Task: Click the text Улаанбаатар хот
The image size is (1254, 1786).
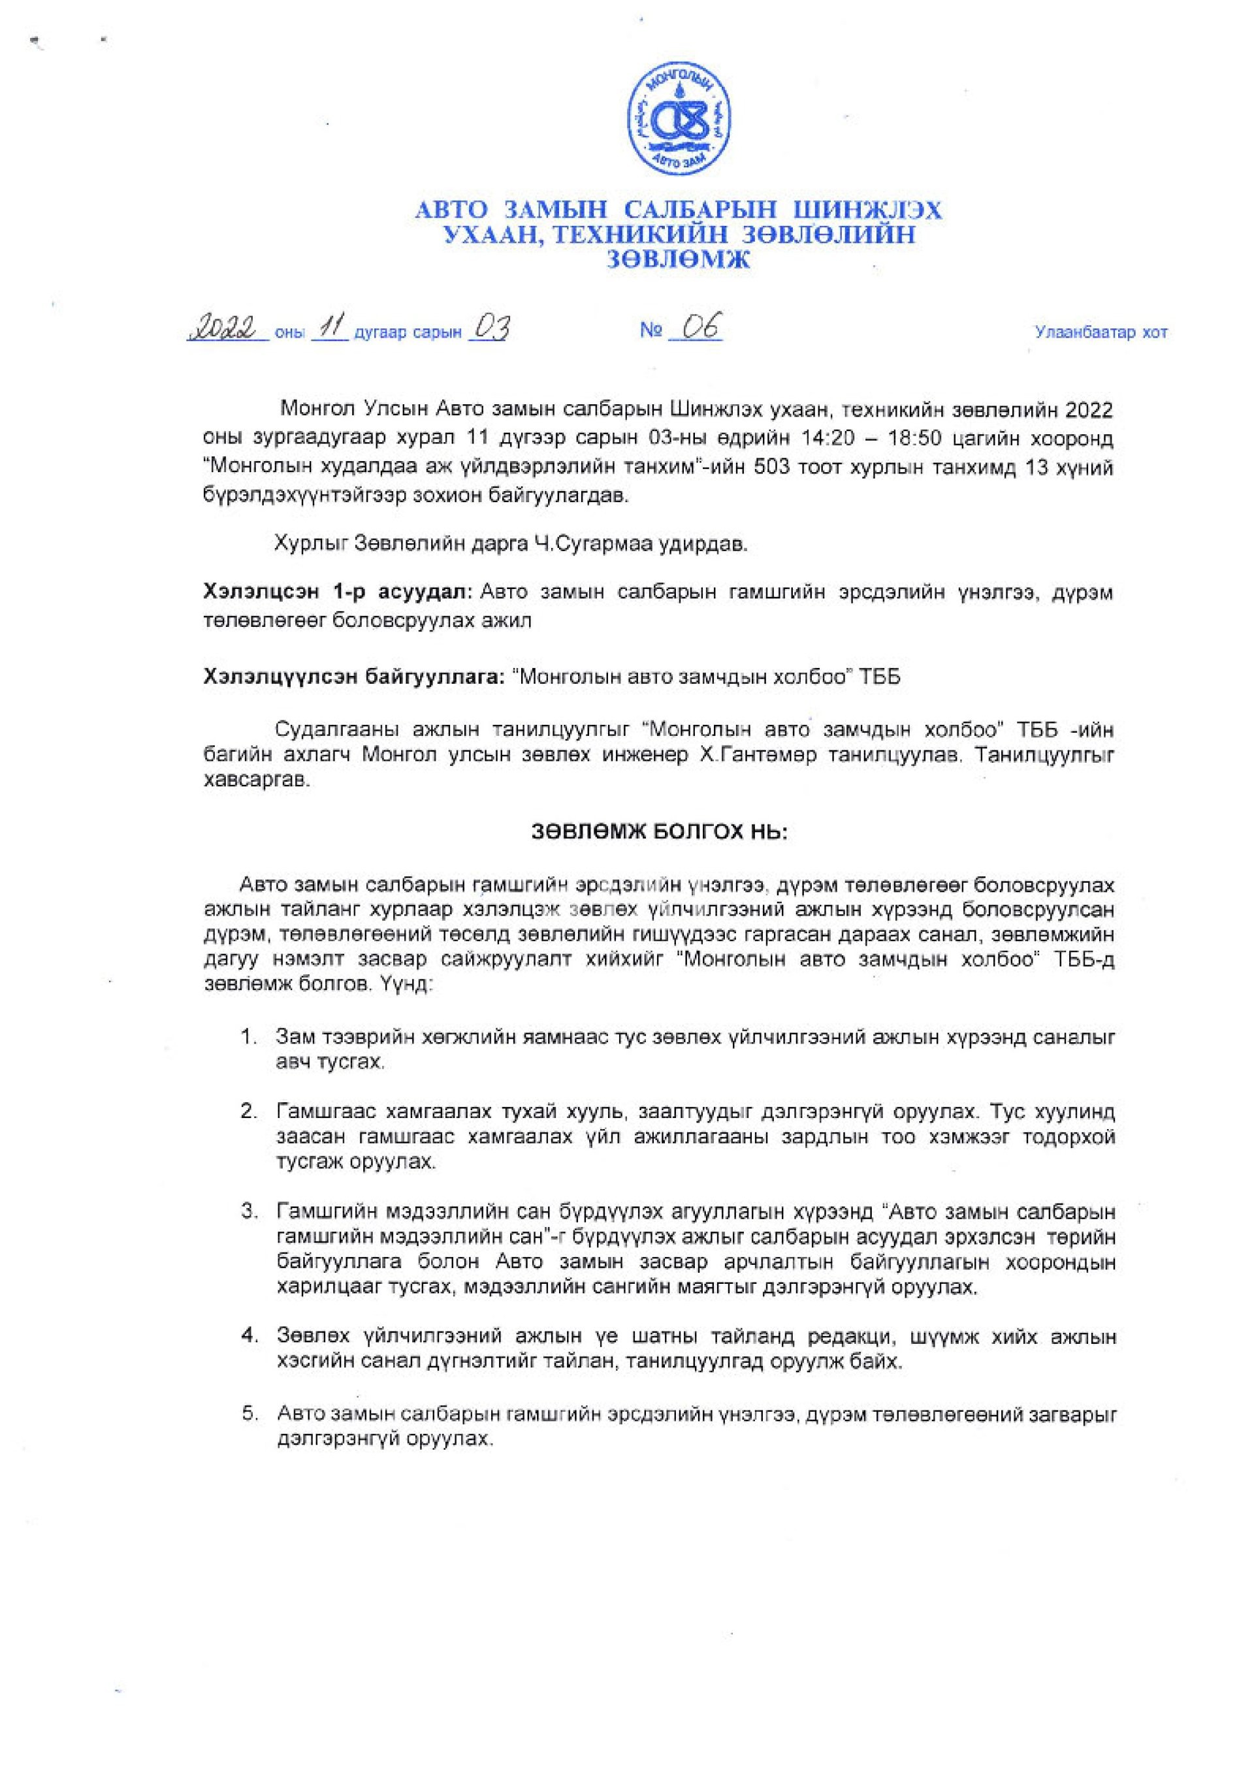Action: pos(1100,333)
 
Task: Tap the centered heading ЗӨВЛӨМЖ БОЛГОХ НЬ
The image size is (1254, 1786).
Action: pos(660,831)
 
